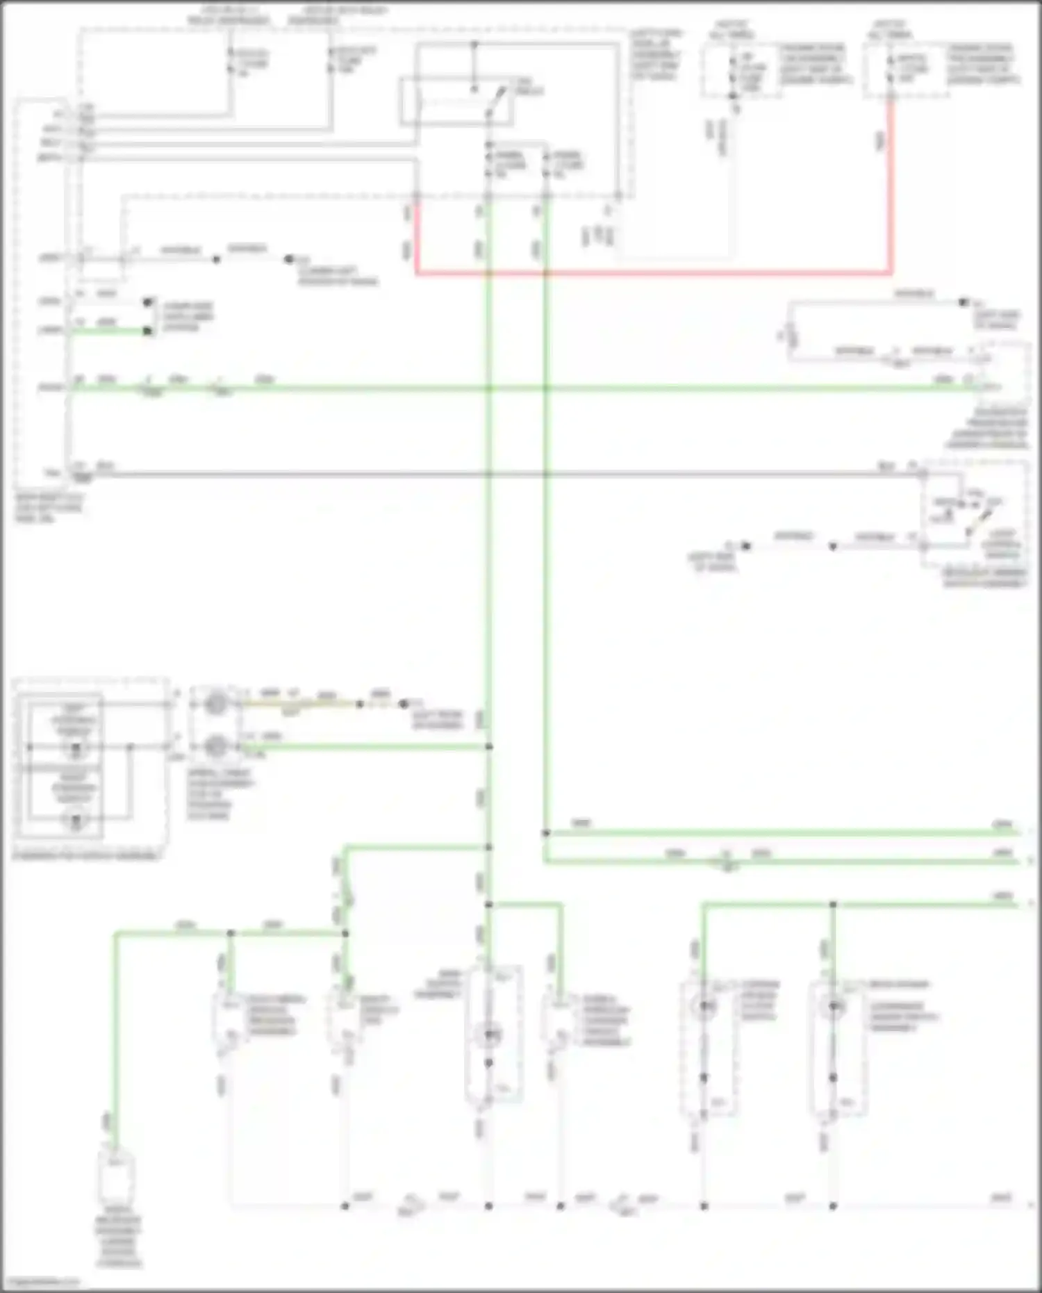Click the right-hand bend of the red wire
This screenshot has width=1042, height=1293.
click(x=891, y=272)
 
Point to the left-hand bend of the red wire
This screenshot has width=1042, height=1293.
click(x=417, y=272)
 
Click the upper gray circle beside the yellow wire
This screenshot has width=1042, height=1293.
click(x=216, y=703)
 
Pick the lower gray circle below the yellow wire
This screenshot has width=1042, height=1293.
click(x=216, y=746)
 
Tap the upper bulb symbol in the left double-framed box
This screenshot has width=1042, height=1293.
click(x=76, y=748)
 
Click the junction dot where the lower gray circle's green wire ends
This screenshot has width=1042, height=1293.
click(x=489, y=747)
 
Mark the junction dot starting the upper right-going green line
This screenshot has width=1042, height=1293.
click(x=546, y=832)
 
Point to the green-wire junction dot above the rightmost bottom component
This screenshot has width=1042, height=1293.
click(x=833, y=905)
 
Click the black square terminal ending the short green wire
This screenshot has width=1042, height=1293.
click(x=147, y=331)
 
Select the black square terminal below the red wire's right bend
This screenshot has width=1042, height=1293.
click(x=963, y=303)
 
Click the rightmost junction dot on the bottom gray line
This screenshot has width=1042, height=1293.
click(x=833, y=1206)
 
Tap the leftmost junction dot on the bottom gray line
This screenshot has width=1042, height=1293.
click(x=345, y=1206)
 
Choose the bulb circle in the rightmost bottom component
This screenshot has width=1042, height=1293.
click(x=833, y=1006)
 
